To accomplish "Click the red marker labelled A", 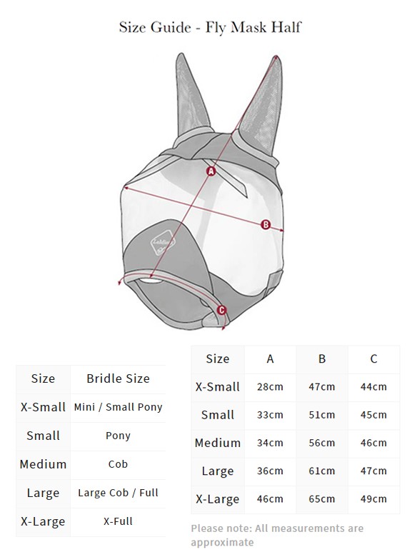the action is pos(211,171).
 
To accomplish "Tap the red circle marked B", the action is pos(266,224).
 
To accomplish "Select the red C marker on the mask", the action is pos(221,310).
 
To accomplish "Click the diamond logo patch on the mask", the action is pos(164,243).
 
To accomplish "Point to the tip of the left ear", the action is pos(181,54).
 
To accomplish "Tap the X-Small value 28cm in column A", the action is pos(270,387).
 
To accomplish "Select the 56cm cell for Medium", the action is pos(322,443).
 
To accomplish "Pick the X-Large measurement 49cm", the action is pos(373,499).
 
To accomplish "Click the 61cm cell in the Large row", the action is pos(322,471).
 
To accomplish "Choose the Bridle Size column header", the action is pos(118,378).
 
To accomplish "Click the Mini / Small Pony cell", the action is pos(118,407).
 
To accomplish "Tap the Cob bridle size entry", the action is pos(118,464).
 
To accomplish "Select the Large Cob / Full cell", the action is pos(118,493).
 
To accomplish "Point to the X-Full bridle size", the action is pos(118,521).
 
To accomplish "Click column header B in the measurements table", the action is pos(322,358).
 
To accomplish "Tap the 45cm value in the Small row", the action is pos(373,415).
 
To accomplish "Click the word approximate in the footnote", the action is pos(222,543).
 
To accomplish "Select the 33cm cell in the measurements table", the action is pos(270,415).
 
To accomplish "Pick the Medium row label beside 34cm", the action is pos(218,443).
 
